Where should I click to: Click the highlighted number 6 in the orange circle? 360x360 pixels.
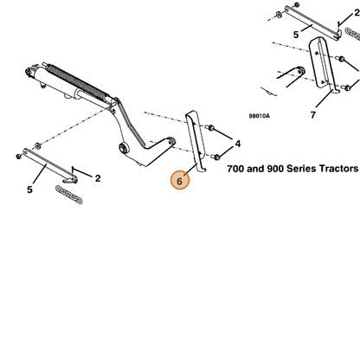coord(180,181)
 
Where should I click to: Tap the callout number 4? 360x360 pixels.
coord(237,144)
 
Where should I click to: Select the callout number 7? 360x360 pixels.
coord(313,115)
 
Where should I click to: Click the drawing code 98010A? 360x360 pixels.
coord(260,116)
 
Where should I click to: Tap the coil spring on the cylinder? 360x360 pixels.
coord(78,81)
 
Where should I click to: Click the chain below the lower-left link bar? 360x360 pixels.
coord(69,195)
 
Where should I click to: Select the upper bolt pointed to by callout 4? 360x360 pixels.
coord(210,127)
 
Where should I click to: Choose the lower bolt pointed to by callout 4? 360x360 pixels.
coord(216,157)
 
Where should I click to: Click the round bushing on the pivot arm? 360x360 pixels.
coord(124,148)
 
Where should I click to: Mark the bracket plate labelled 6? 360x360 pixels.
coord(196,141)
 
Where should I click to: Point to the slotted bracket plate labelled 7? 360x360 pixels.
coord(323,65)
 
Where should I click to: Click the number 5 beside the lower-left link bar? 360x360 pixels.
coord(29,190)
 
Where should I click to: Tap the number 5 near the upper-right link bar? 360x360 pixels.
coord(296,35)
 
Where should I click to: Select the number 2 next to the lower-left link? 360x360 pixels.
coord(98,178)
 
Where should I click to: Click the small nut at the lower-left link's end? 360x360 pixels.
coord(19,157)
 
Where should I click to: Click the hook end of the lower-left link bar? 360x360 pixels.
coord(71,180)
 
